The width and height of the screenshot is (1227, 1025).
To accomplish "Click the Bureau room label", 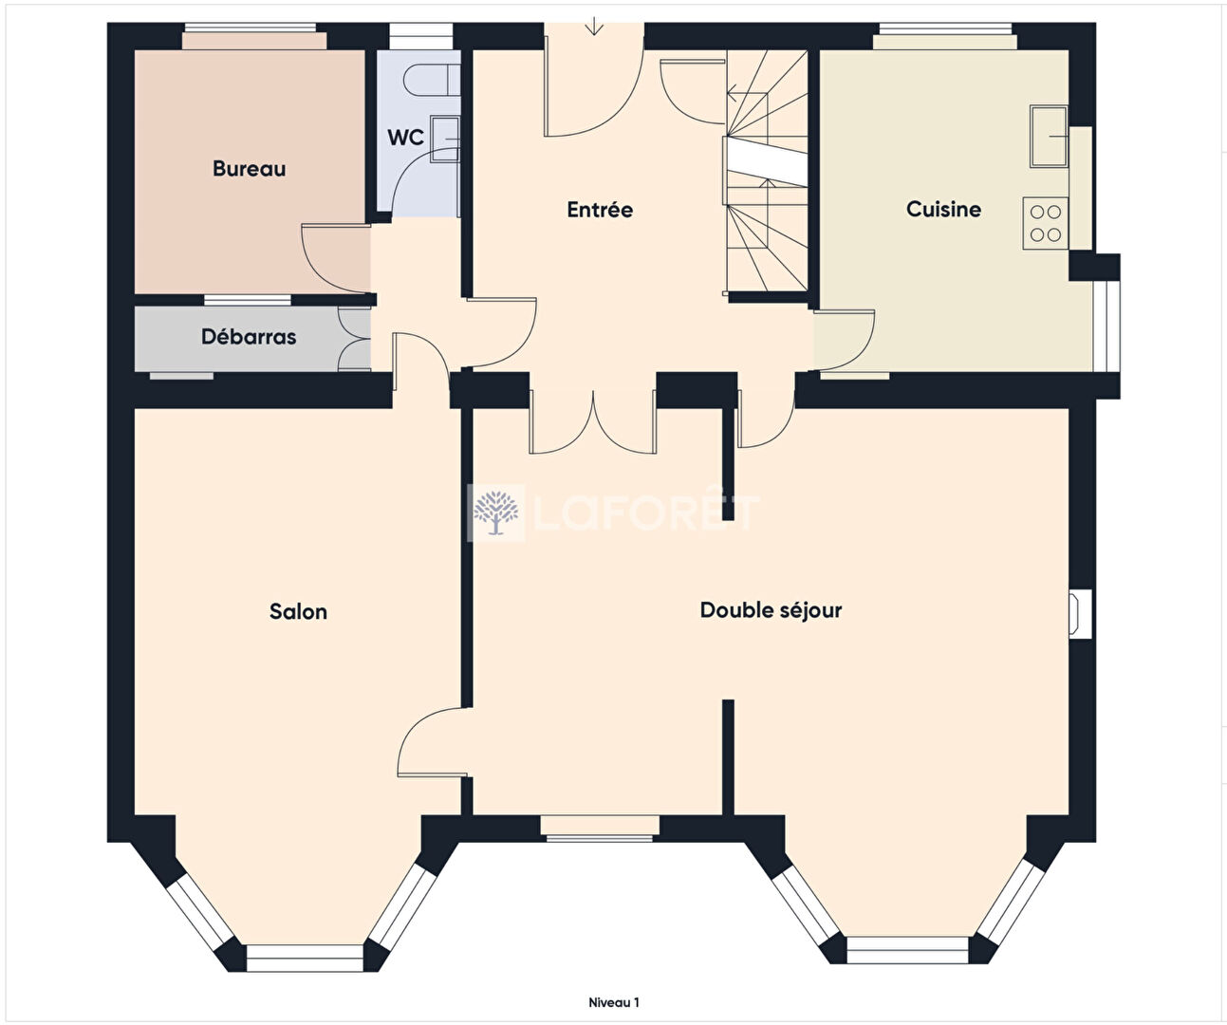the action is click(250, 169).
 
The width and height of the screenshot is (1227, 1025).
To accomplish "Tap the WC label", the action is click(405, 138).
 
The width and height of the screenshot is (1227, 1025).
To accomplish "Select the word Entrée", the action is click(600, 209).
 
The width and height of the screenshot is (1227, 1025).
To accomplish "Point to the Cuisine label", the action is click(944, 209).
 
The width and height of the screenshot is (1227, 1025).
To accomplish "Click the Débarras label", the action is click(249, 337).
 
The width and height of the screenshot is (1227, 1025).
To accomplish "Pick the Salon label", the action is click(299, 612).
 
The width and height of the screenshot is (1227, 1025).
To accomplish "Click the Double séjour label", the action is click(771, 610).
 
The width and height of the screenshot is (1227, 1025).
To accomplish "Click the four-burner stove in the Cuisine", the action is click(1046, 223).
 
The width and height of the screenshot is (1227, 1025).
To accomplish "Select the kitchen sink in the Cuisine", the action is click(1049, 137).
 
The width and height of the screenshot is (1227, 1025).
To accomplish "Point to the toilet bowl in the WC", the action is click(432, 80).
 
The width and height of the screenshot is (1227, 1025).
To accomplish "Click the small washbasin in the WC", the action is click(445, 139).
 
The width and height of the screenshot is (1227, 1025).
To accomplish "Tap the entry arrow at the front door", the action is click(595, 26).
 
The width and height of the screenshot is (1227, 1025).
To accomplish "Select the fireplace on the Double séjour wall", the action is click(1080, 614).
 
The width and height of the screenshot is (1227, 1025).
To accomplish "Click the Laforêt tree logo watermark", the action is click(496, 512).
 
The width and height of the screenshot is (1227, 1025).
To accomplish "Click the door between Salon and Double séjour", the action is click(433, 742).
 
